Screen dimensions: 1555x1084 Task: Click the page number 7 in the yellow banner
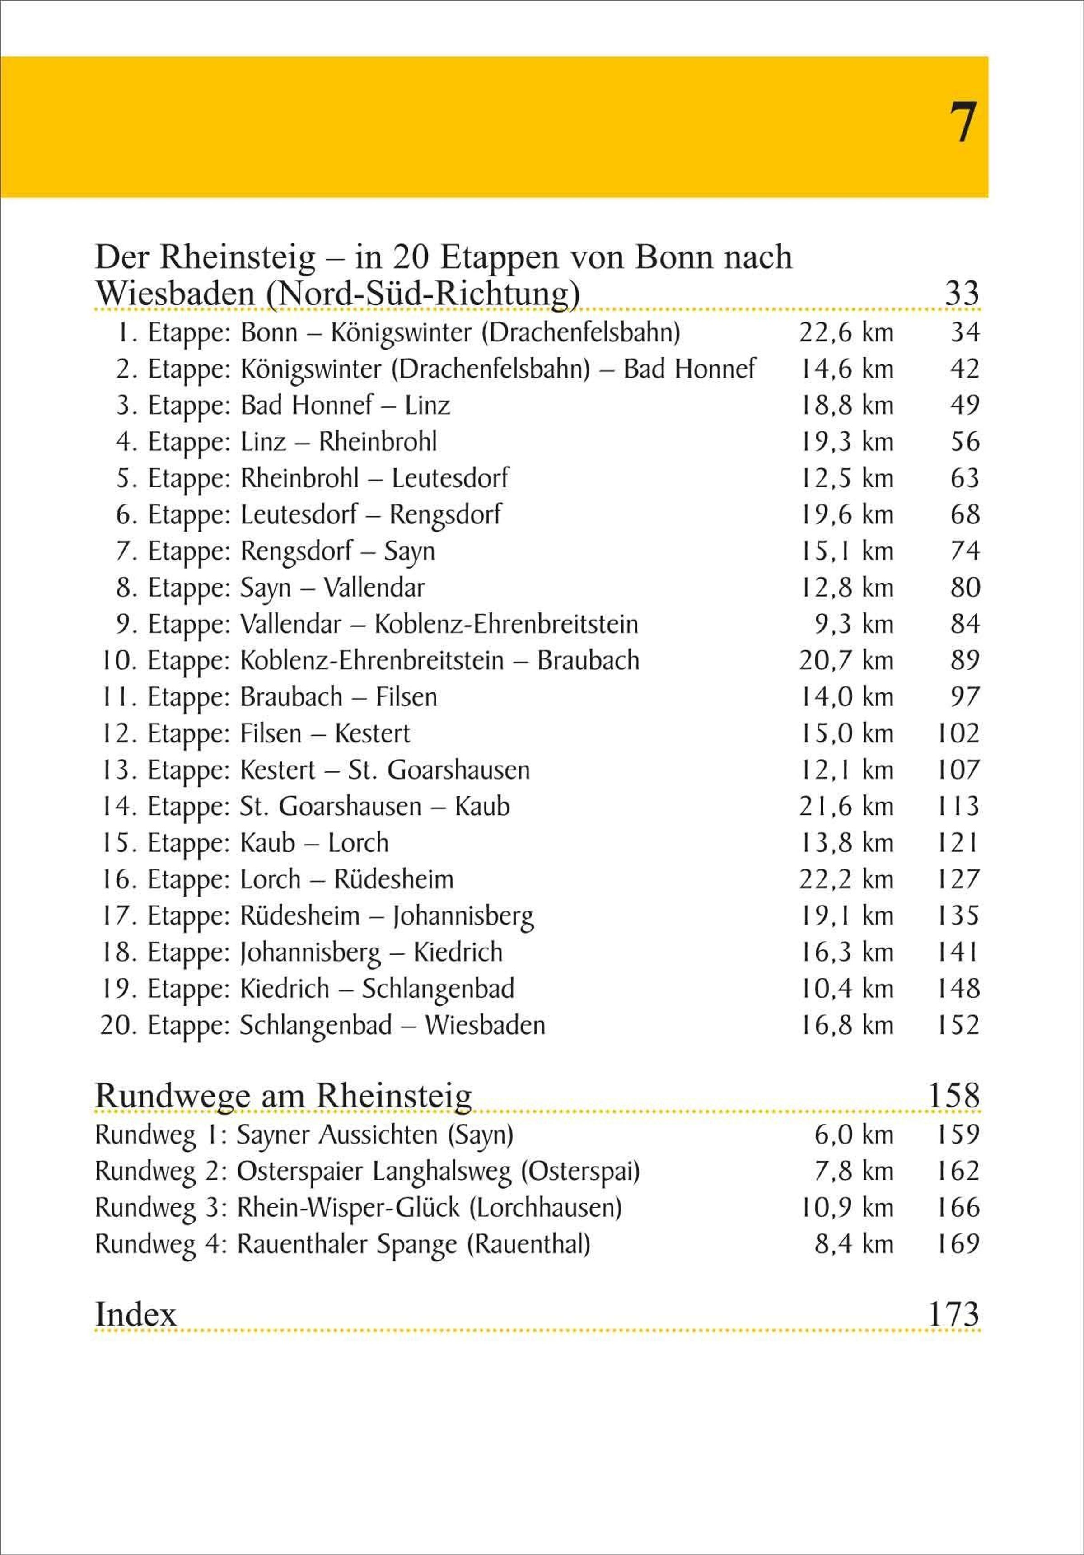point(962,123)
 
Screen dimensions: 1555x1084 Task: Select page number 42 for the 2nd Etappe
point(965,369)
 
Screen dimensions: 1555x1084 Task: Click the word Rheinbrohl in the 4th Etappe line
point(378,442)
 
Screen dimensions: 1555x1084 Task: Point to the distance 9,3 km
point(854,624)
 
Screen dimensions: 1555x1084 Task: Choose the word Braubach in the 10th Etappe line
point(588,660)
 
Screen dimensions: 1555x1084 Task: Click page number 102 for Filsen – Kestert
point(958,733)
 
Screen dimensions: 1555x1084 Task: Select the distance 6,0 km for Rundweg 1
point(854,1135)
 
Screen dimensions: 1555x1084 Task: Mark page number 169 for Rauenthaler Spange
point(958,1244)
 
